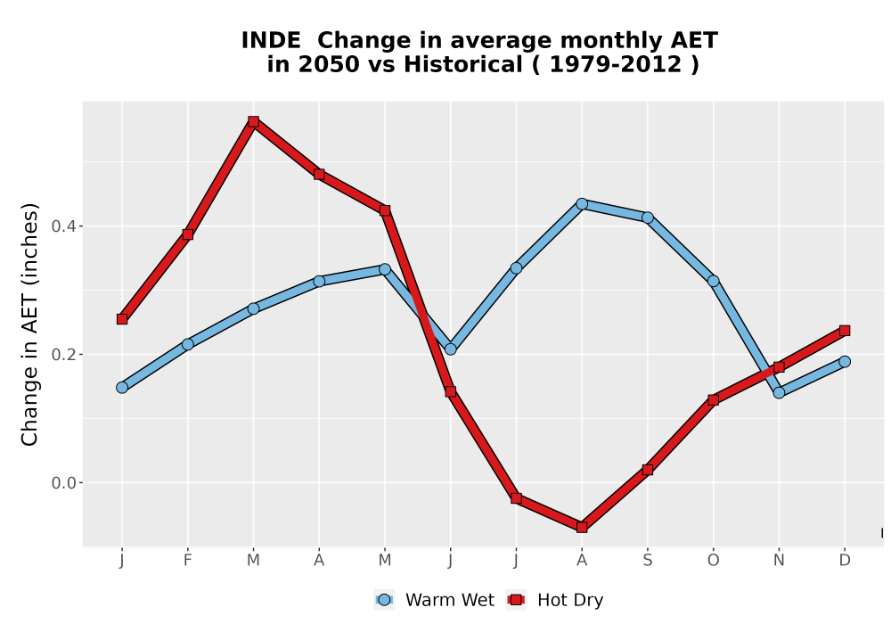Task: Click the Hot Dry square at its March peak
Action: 253,121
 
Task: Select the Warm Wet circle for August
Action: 581,203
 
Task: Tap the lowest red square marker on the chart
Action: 581,528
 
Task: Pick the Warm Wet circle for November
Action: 779,392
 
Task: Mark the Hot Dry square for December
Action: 845,330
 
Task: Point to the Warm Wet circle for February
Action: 187,344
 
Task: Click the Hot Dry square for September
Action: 647,470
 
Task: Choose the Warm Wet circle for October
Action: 713,281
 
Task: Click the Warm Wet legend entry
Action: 435,600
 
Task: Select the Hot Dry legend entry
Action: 555,600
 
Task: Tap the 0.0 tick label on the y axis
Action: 63,483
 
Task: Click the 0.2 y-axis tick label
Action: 63,355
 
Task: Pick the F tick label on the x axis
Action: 187,561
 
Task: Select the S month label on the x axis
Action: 647,561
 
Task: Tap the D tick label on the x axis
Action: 845,561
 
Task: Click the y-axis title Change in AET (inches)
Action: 29,324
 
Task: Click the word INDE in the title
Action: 271,41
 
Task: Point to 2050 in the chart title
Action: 329,65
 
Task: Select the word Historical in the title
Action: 463,65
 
